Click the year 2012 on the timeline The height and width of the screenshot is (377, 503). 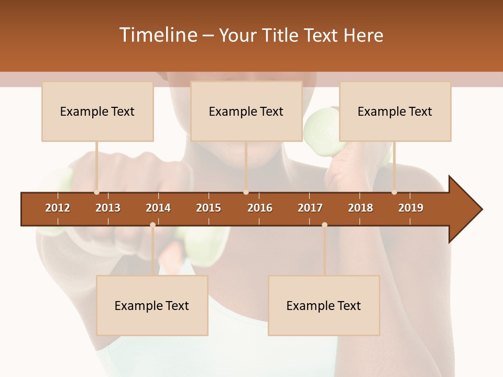pyautogui.click(x=58, y=208)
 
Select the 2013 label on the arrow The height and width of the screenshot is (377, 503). pyautogui.click(x=108, y=208)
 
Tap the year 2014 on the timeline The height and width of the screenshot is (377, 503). pyautogui.click(x=158, y=208)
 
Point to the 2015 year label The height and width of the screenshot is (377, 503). pyautogui.click(x=209, y=208)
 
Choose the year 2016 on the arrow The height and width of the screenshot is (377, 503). pyautogui.click(x=260, y=208)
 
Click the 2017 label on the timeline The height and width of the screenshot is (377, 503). pyautogui.click(x=310, y=208)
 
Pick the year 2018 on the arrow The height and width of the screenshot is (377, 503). pyautogui.click(x=360, y=208)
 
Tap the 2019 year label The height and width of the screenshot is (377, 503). pyautogui.click(x=411, y=208)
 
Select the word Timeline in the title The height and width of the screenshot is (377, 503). pyautogui.click(x=158, y=35)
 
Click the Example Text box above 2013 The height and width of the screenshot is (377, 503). pyautogui.click(x=97, y=111)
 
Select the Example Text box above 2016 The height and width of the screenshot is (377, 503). pyautogui.click(x=246, y=111)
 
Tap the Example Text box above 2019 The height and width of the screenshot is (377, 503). pyautogui.click(x=395, y=111)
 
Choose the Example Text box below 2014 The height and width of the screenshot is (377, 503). pyautogui.click(x=152, y=305)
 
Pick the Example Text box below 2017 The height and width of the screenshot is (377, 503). pyautogui.click(x=324, y=305)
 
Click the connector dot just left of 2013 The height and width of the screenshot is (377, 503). pyautogui.click(x=96, y=192)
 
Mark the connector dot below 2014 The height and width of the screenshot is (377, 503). pyautogui.click(x=152, y=225)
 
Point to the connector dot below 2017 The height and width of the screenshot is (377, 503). pyautogui.click(x=324, y=225)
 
